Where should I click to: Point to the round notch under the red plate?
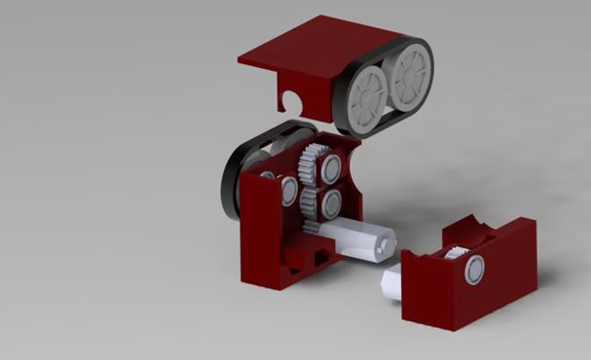coord(292,101)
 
